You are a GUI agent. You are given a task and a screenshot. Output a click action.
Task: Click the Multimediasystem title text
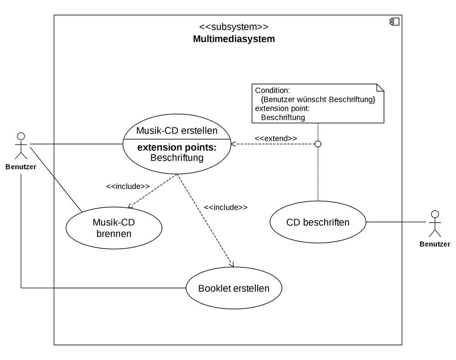234,39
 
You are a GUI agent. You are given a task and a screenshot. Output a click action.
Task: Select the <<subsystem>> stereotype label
234,26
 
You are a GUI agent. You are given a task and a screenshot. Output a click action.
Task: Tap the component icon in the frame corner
394,21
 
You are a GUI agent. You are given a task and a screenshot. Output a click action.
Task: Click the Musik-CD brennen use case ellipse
114,228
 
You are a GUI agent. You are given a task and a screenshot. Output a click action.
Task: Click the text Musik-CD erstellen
177,130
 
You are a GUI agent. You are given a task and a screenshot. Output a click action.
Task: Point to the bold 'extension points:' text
177,148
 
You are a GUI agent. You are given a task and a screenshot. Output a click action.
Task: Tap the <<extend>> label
275,138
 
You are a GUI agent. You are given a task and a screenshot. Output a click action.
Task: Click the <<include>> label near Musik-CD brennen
128,186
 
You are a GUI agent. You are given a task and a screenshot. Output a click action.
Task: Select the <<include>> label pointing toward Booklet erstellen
225,207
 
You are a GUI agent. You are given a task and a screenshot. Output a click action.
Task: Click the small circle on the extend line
318,144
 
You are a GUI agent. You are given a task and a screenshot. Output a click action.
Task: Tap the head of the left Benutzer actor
21,136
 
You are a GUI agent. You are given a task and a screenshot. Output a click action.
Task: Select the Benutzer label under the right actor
435,245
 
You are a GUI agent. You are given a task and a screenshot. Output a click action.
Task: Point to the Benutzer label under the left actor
21,167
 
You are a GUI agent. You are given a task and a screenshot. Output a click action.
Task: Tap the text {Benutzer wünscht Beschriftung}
318,99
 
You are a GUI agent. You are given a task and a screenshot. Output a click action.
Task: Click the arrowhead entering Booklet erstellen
232,265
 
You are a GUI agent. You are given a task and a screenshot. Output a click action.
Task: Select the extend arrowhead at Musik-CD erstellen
233,144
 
